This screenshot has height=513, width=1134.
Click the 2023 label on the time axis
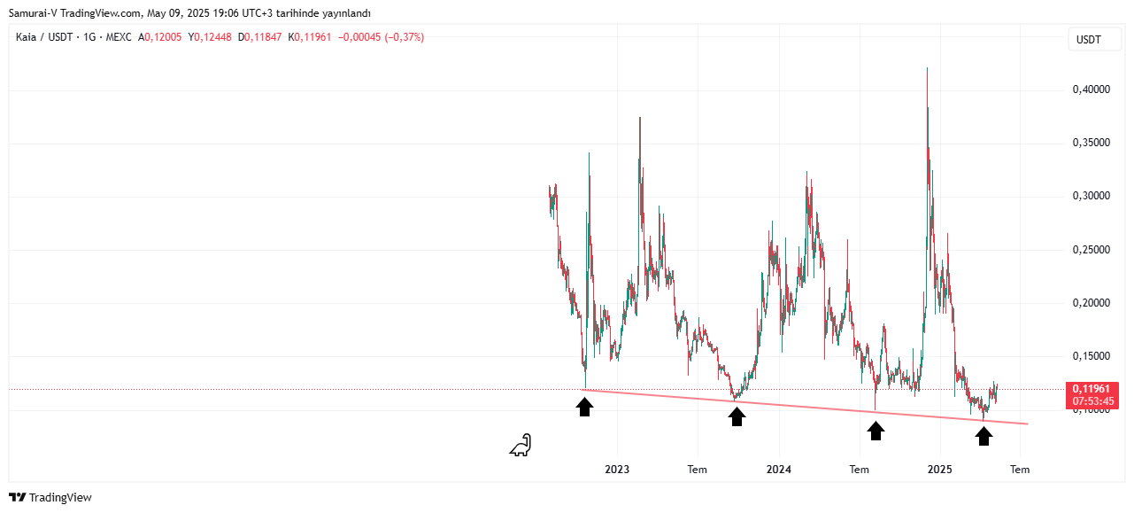(x=616, y=470)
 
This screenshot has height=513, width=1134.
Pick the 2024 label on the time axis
(x=778, y=470)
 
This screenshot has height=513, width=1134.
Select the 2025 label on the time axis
(x=939, y=470)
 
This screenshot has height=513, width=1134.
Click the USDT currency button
(x=1088, y=40)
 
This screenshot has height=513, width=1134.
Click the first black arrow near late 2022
(x=584, y=407)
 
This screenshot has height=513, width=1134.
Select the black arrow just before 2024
(x=737, y=416)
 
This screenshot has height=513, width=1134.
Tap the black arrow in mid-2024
(x=876, y=431)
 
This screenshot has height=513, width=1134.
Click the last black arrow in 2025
(x=984, y=436)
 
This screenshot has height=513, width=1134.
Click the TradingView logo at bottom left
(x=50, y=498)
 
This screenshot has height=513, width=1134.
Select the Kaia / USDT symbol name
(x=45, y=37)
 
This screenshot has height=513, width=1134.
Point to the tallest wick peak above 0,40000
(x=927, y=68)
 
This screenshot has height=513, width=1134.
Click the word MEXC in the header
(x=117, y=37)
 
